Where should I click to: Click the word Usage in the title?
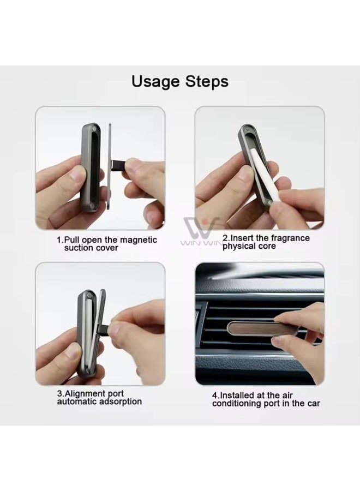(x=155, y=82)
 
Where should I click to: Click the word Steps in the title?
(x=207, y=82)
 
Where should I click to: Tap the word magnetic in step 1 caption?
(x=138, y=240)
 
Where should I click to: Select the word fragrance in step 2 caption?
(x=290, y=238)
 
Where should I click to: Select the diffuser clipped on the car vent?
(x=261, y=328)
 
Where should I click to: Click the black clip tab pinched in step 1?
(x=118, y=164)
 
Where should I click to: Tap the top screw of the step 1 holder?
(x=94, y=129)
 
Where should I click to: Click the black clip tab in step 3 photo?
(x=104, y=330)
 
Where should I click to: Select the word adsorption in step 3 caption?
(x=121, y=402)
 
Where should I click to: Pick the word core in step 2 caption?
(x=266, y=246)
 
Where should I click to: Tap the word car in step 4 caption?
(x=313, y=403)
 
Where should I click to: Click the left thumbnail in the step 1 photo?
(x=77, y=174)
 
